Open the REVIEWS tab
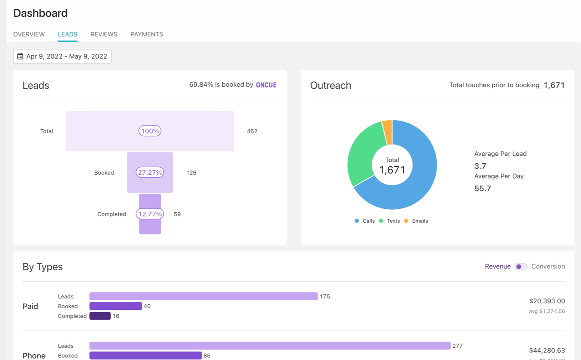(x=104, y=35)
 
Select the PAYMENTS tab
(x=147, y=35)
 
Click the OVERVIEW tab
(x=29, y=35)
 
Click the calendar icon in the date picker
(x=20, y=56)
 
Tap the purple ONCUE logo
(x=266, y=85)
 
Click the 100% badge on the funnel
(x=150, y=131)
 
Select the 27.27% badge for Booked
(x=150, y=173)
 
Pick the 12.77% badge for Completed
(x=150, y=214)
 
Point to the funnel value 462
(x=252, y=131)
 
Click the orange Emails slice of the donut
(x=387, y=127)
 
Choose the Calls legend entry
(x=365, y=221)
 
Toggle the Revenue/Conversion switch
(x=521, y=267)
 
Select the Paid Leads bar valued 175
(x=203, y=296)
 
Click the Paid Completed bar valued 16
(x=100, y=316)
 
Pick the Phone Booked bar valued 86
(x=145, y=356)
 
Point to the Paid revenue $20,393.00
(x=547, y=301)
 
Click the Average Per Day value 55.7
(x=482, y=189)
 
